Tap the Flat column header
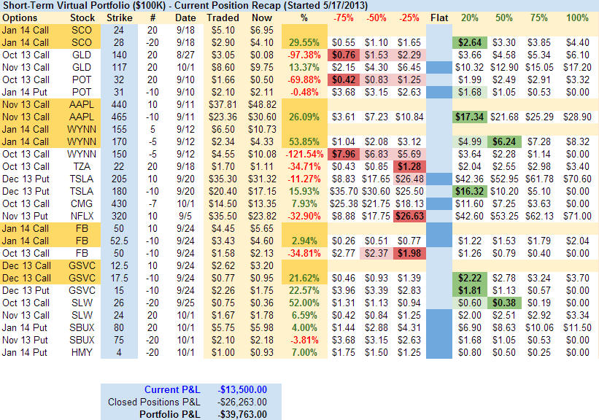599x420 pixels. (438, 17)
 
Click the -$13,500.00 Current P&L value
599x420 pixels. (241, 389)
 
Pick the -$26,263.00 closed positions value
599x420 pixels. (241, 402)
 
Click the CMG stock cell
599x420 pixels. (82, 203)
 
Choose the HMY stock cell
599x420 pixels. (82, 352)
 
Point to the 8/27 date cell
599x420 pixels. (185, 55)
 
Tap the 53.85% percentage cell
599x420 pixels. (304, 141)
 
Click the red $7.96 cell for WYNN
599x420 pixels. (342, 154)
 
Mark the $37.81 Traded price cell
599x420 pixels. (222, 104)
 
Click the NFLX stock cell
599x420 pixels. (82, 216)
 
